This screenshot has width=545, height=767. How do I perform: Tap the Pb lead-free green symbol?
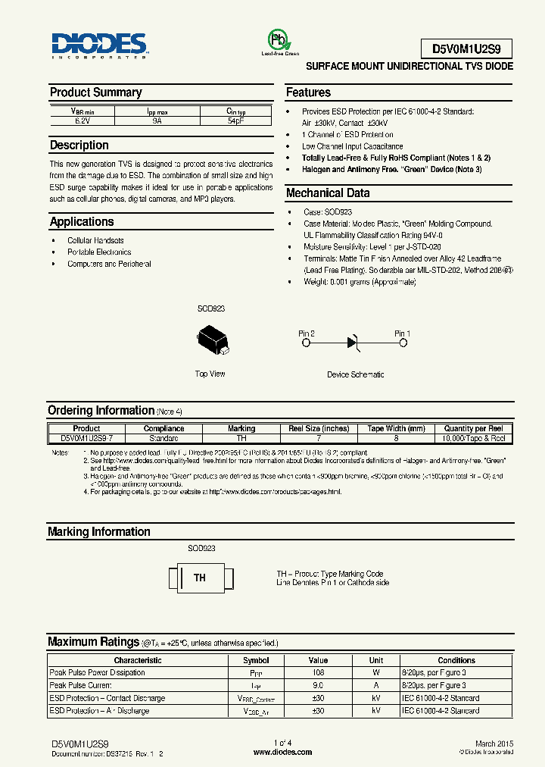coord(279,40)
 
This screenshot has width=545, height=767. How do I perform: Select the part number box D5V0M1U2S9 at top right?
coord(466,49)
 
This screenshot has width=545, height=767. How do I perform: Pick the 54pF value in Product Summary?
coord(235,120)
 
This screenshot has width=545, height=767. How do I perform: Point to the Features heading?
coord(308,92)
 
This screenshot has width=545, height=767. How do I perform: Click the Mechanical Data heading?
coord(327,193)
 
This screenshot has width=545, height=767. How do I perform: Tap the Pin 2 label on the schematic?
coord(307,333)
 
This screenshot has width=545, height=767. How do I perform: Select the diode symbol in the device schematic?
coord(353,343)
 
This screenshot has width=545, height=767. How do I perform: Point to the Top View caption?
coord(210,374)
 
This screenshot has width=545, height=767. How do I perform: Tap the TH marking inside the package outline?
coord(200,578)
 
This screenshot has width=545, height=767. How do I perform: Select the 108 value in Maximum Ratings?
coord(318,672)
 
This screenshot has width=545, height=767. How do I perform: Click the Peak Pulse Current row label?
coord(82,685)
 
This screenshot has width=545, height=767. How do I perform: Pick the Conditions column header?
coord(456,660)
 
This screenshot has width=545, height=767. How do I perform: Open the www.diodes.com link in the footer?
coord(282,753)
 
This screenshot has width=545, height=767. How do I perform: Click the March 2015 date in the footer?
coord(494,744)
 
